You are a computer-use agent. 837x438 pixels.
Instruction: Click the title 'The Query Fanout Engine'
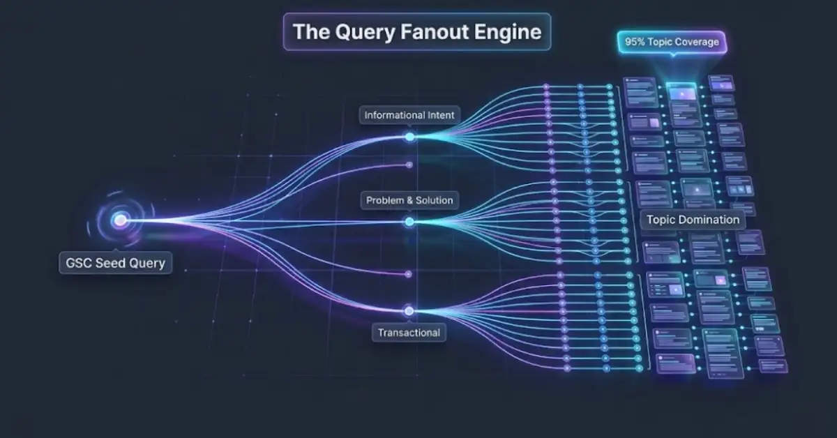coord(416,31)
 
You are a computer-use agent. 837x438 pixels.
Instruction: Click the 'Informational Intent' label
coord(409,114)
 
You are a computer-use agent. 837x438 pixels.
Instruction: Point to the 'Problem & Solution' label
coord(409,200)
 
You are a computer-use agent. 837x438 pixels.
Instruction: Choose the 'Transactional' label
coord(409,333)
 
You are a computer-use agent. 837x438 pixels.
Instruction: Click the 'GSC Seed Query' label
coord(115,263)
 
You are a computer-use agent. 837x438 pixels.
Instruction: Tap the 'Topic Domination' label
coord(693,219)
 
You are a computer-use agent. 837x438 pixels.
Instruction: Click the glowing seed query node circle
coord(120,220)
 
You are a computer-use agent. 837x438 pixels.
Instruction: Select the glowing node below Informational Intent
coord(409,137)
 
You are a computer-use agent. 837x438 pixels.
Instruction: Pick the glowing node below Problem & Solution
coord(409,222)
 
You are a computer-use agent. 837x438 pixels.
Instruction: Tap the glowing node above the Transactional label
coord(409,311)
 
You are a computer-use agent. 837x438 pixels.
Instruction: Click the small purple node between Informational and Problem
coord(409,165)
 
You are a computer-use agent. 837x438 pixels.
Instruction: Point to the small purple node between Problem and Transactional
coord(409,273)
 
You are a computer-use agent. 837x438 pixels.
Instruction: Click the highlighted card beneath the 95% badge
coord(681,91)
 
